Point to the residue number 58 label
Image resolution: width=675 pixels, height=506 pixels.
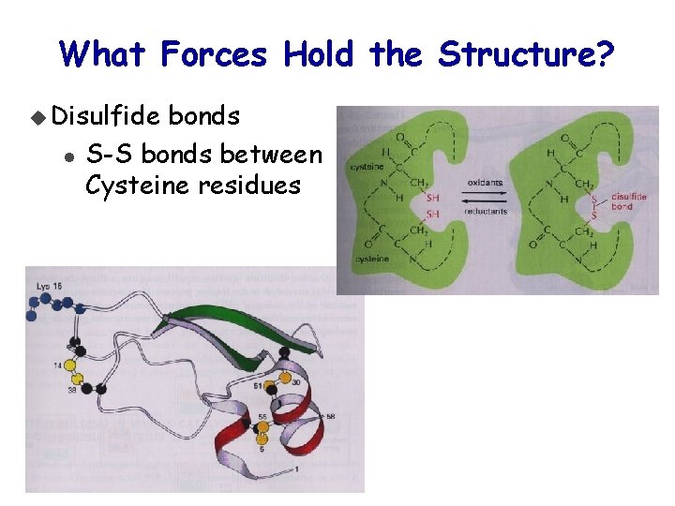pyautogui.click(x=330, y=416)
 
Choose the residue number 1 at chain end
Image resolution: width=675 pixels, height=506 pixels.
pyautogui.click(x=296, y=468)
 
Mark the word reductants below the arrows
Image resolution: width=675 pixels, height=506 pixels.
pyautogui.click(x=486, y=212)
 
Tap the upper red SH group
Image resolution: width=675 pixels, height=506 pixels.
pyautogui.click(x=432, y=198)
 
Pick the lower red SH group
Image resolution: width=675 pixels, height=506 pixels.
pyautogui.click(x=432, y=214)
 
